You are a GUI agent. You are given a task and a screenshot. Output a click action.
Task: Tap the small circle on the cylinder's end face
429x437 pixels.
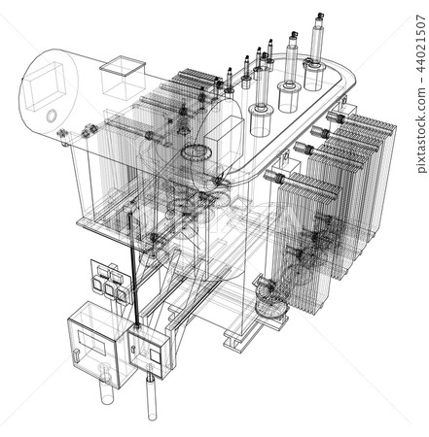[x=50, y=115]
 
